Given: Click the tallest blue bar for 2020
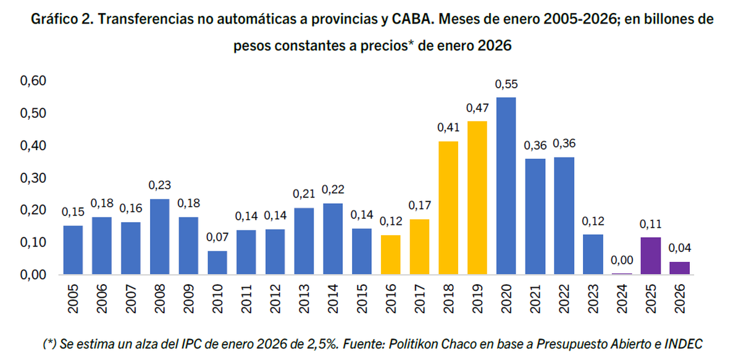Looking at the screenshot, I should tap(506, 185).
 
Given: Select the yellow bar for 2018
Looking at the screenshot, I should tap(448, 207).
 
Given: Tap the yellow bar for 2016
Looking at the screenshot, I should tap(390, 254).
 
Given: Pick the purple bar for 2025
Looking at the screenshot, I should tap(650, 256).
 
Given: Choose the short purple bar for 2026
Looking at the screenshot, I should tap(679, 268).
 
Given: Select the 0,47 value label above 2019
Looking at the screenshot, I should tap(477, 108).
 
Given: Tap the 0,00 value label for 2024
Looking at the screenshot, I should tap(621, 261).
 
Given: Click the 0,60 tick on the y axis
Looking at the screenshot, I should tap(33, 82).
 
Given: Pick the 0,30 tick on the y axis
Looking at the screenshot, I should tap(33, 178).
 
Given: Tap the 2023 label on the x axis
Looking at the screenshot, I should tap(593, 299).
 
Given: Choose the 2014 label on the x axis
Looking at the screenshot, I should tap(332, 299).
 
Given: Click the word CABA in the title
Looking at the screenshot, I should tap(411, 19).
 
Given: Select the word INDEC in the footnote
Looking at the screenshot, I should tap(684, 343).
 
